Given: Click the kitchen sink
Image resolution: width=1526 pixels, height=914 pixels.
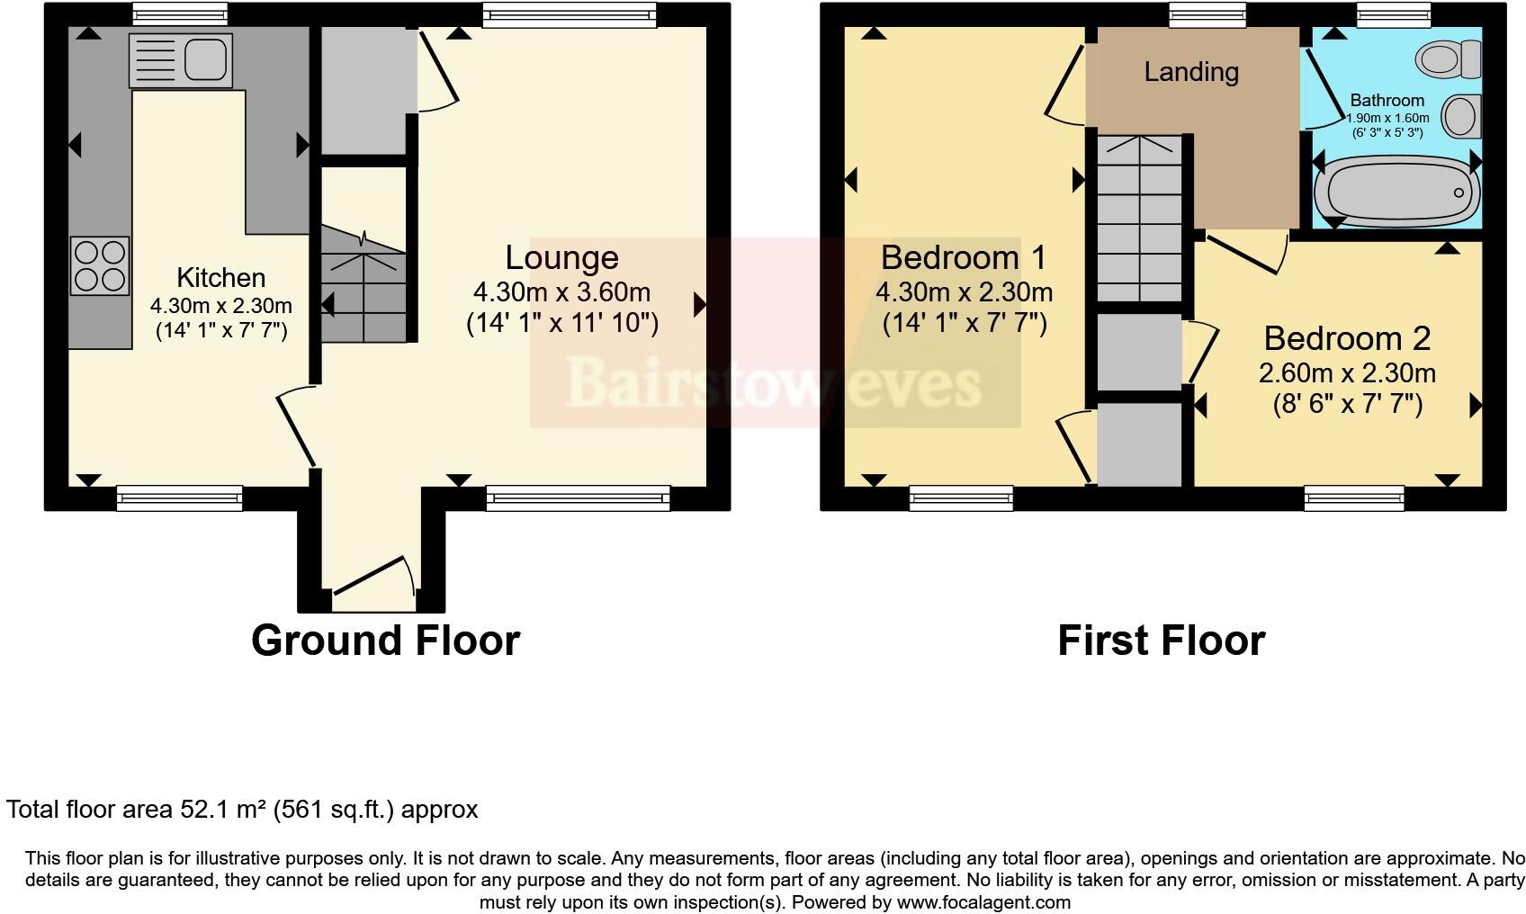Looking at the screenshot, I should click(x=181, y=60).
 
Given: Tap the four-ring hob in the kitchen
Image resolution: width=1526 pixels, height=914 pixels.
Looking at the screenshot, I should click(x=100, y=265).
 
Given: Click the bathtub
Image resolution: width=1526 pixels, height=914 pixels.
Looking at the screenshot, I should click(x=1395, y=193).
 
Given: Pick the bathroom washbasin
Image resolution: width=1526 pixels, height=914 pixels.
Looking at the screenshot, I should click(x=1460, y=117).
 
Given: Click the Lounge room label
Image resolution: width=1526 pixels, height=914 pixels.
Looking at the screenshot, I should click(x=561, y=258).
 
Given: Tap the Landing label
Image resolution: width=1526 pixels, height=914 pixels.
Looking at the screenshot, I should click(x=1191, y=72).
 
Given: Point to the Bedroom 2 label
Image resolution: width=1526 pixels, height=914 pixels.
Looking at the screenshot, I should click(x=1347, y=338).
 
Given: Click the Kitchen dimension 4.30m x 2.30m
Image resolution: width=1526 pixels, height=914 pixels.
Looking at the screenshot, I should click(x=221, y=306).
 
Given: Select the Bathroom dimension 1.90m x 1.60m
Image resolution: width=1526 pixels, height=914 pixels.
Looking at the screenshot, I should click(x=1387, y=118).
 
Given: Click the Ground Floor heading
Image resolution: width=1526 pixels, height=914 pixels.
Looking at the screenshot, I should click(x=385, y=641).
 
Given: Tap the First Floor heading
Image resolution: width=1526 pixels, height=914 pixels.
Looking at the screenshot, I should click(x=1161, y=641).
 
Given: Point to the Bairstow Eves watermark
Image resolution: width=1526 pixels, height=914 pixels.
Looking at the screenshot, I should click(x=774, y=382).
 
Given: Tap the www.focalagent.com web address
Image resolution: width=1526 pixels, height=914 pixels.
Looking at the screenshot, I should click(x=983, y=901).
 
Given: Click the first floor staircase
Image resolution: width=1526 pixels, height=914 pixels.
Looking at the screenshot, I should click(x=1138, y=220).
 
